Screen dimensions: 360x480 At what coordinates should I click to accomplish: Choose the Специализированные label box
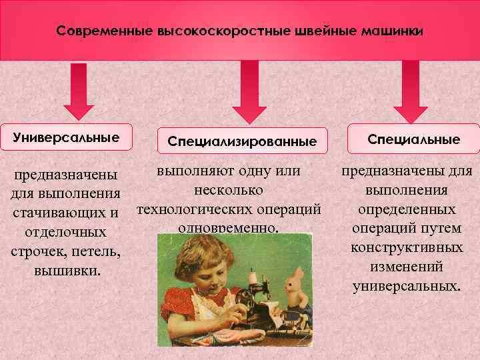click(x=242, y=141)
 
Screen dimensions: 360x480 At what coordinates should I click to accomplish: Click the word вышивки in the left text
click(x=65, y=272)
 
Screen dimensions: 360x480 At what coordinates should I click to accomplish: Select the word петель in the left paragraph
click(x=97, y=253)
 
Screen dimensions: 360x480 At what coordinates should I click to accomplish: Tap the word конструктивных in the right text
click(x=407, y=247)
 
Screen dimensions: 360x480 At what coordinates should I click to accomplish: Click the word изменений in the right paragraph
click(x=406, y=267)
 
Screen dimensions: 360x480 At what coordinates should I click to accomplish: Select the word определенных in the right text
click(x=407, y=209)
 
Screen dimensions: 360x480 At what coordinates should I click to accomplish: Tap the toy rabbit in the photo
click(x=295, y=287)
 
